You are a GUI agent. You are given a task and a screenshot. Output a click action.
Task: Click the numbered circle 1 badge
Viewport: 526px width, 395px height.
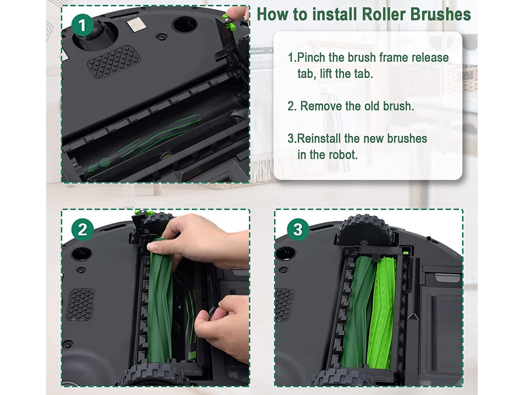click(x=82, y=25)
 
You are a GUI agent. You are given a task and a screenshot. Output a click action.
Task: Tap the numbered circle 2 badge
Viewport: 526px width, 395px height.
click(x=82, y=230)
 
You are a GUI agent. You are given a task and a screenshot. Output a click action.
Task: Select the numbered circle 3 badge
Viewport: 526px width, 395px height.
click(x=298, y=230)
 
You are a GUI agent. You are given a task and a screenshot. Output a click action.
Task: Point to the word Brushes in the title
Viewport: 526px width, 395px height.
click(x=441, y=14)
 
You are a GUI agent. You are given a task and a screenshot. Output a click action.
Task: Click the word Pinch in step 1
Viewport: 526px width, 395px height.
click(x=311, y=57)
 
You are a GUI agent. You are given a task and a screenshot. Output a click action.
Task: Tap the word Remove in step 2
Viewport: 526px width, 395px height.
click(x=321, y=106)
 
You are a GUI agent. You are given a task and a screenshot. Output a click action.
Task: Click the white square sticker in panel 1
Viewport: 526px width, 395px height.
click(x=136, y=25)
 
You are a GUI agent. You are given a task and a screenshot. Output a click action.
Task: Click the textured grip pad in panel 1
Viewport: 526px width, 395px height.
click(x=114, y=62)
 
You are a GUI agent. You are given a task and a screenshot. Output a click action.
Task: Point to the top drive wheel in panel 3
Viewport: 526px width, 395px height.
click(x=364, y=230)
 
